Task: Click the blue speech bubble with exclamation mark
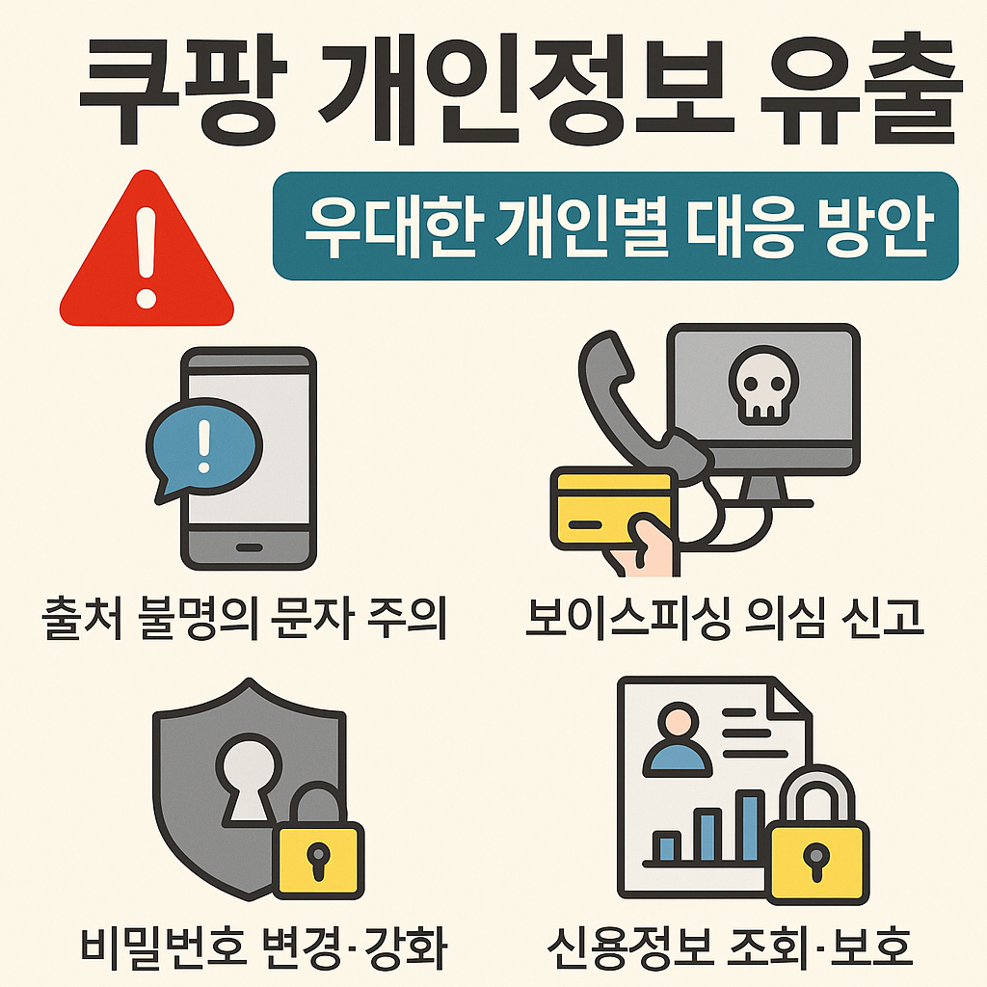(202, 445)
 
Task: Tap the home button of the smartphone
(249, 547)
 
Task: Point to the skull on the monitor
(761, 386)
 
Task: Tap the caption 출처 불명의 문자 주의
(246, 620)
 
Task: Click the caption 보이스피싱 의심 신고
(725, 620)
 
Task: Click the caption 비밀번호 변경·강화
(262, 948)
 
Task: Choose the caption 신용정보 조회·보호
(730, 948)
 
